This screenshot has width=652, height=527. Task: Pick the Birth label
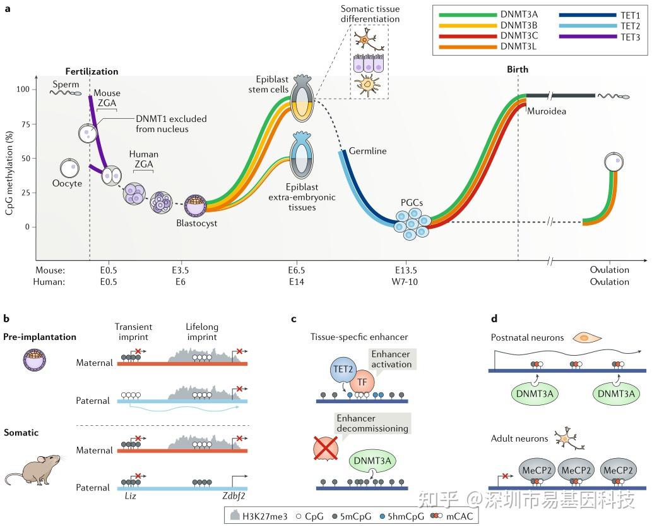point(518,70)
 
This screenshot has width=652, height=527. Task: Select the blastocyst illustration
point(197,206)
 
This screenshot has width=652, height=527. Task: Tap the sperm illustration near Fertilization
point(66,92)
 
